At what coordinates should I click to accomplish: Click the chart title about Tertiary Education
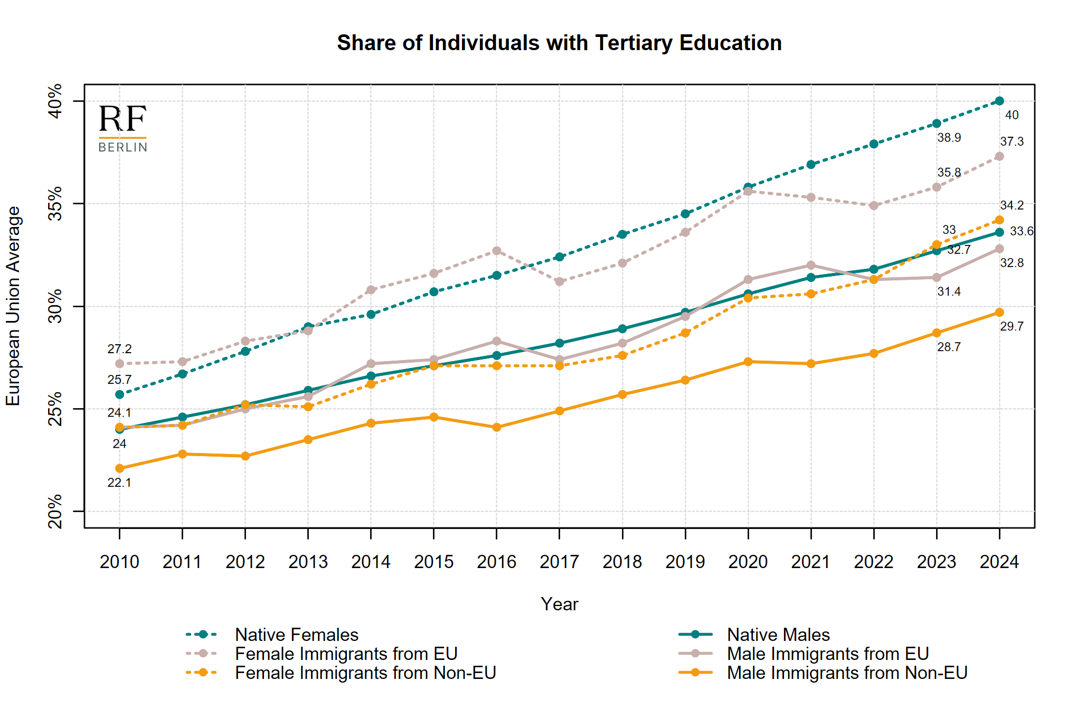pos(559,43)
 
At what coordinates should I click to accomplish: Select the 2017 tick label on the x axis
pos(559,562)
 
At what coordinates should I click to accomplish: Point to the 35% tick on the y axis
pos(55,203)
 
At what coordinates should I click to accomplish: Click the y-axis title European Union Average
pos(13,306)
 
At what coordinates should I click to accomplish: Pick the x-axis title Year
pos(559,604)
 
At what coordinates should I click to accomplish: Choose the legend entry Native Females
pos(296,635)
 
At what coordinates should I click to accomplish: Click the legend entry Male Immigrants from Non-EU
pos(847,673)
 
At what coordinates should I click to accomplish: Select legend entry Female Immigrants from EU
pos(346,654)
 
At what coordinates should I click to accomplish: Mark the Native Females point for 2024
pos(999,101)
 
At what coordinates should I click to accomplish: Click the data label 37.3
pos(1012,141)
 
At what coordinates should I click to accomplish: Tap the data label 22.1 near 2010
pos(119,483)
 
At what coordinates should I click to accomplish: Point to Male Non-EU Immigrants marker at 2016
pos(497,427)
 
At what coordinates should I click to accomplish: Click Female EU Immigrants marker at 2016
pos(497,251)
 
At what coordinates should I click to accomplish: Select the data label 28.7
pos(949,347)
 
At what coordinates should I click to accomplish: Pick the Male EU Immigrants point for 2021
pos(811,265)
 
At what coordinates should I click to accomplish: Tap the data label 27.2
pos(119,349)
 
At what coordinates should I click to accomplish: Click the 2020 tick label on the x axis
pos(748,562)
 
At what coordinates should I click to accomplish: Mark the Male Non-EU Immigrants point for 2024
pos(999,313)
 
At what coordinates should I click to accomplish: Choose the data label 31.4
pos(949,291)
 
